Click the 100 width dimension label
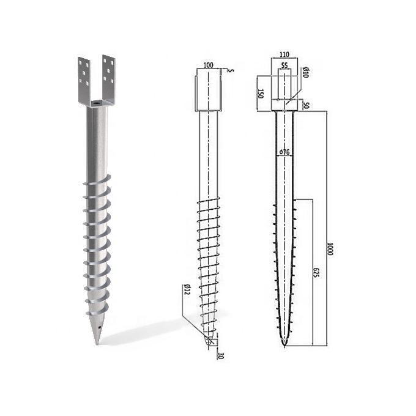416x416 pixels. [x=209, y=64]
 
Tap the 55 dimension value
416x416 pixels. [x=284, y=64]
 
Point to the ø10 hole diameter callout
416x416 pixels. [x=305, y=73]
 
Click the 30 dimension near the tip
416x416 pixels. [x=220, y=356]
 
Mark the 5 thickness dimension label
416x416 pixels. [x=231, y=71]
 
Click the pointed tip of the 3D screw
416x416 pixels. [x=97, y=343]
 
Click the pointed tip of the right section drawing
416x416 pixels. [x=284, y=347]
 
